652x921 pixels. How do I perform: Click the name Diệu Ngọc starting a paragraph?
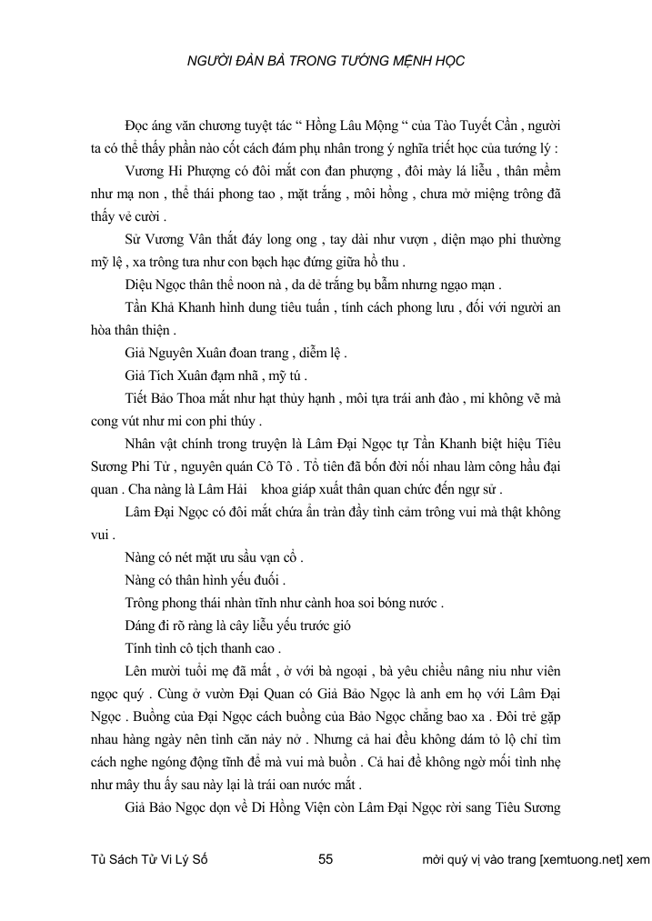[155, 284]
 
